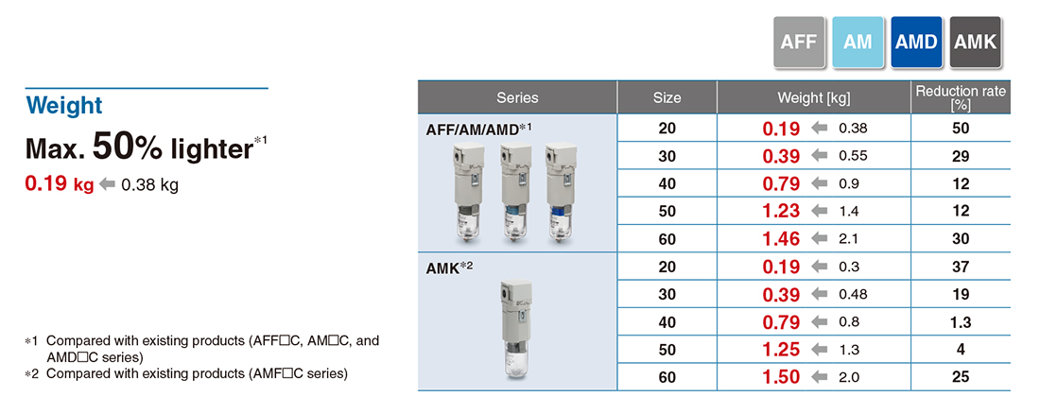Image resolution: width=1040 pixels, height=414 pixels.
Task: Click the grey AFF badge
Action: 799,42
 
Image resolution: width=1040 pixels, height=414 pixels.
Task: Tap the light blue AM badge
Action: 858,42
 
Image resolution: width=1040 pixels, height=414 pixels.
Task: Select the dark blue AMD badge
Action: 917,42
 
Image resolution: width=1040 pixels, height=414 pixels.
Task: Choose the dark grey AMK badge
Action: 975,42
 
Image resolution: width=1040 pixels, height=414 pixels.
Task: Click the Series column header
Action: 517,97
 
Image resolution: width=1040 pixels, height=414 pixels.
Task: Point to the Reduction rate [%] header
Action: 961,97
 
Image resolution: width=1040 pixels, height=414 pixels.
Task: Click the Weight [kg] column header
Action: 814,98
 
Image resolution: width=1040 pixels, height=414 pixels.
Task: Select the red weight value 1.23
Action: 781,211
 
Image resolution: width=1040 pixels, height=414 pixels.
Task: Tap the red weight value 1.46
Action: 781,239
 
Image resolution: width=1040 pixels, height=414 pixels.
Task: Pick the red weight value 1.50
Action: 781,377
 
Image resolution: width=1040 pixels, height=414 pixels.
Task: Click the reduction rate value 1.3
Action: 961,322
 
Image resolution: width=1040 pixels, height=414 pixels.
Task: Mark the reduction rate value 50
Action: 961,128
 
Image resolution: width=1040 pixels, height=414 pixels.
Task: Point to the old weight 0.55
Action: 853,156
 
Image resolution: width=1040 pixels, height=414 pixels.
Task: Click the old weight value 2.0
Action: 849,377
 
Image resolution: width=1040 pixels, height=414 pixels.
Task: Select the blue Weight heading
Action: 63,106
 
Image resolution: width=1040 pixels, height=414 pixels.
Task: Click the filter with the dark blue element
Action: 560,192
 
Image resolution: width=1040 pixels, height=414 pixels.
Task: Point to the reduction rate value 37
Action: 961,267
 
